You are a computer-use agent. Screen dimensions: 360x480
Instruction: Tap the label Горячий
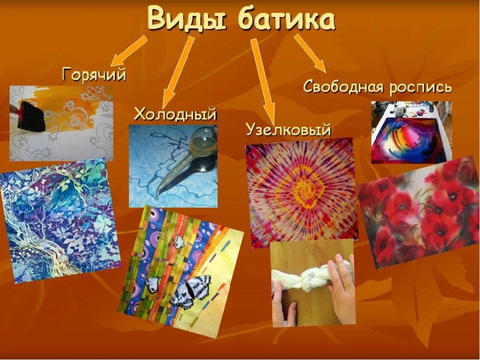pos(94,75)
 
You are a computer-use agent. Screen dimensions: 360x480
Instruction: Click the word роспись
pos(421,87)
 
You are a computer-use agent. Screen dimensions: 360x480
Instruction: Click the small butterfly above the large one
pos(179,242)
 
